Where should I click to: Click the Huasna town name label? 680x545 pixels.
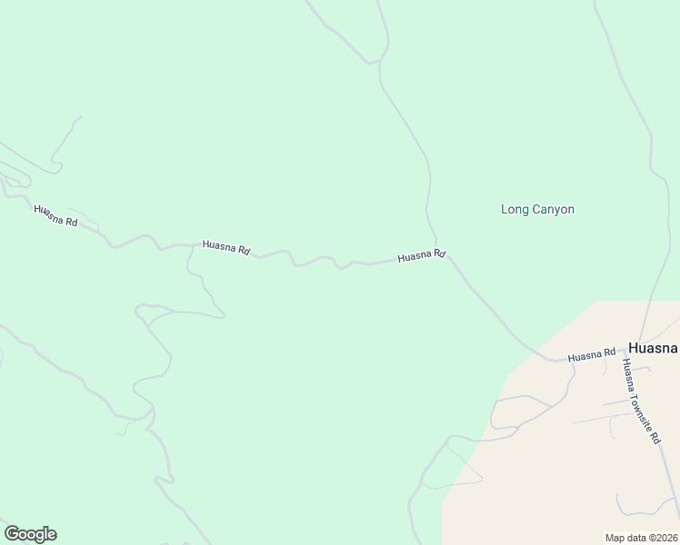pyautogui.click(x=653, y=348)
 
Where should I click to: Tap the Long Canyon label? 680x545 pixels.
pyautogui.click(x=537, y=209)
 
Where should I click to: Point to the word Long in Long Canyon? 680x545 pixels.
pyautogui.click(x=515, y=209)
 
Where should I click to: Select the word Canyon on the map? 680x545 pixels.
pyautogui.click(x=553, y=209)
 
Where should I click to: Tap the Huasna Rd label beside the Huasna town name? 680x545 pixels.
pyautogui.click(x=592, y=355)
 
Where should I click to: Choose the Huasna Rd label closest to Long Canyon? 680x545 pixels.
pyautogui.click(x=421, y=256)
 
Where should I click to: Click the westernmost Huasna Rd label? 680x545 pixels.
pyautogui.click(x=55, y=216)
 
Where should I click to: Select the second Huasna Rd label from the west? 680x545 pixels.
pyautogui.click(x=226, y=246)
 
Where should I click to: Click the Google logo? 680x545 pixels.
pyautogui.click(x=30, y=534)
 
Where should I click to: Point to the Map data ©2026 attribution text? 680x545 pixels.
pyautogui.click(x=640, y=538)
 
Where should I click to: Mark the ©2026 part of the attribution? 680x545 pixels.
pyautogui.click(x=660, y=538)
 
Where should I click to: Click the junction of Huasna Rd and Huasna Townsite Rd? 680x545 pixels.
pyautogui.click(x=622, y=352)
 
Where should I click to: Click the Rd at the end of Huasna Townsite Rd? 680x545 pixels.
pyautogui.click(x=654, y=436)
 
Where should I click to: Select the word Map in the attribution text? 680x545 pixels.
pyautogui.click(x=615, y=538)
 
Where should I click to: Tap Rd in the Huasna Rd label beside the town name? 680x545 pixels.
pyautogui.click(x=609, y=352)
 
